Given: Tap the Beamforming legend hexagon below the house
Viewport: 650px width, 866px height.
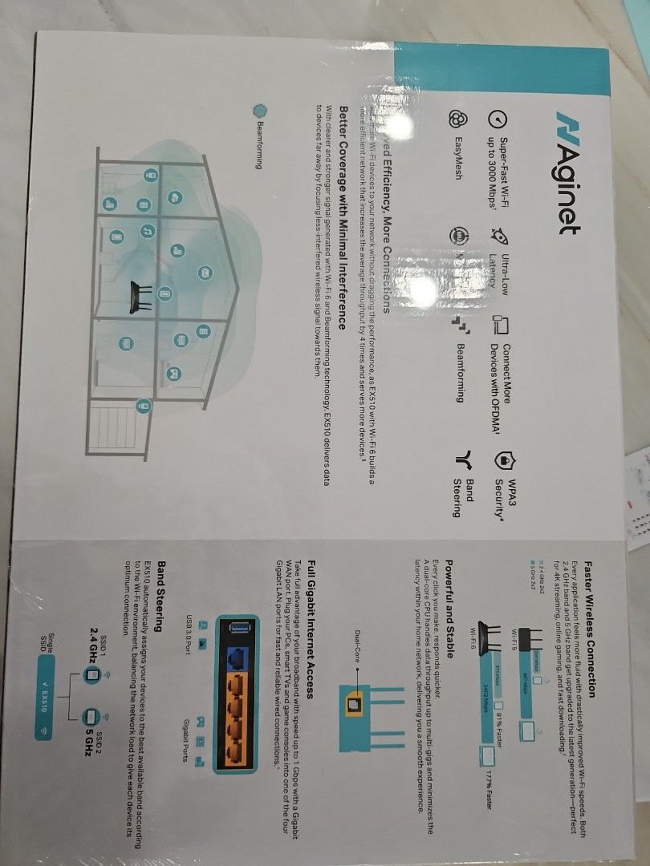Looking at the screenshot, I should click(258, 110).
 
